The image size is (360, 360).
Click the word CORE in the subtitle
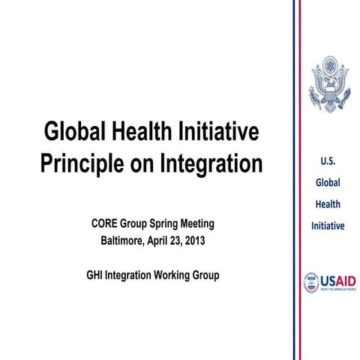coord(106,224)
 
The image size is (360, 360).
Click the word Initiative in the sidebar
coord(328,225)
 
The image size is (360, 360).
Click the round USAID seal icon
coord(310,282)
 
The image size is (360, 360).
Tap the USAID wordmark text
coord(338,280)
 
